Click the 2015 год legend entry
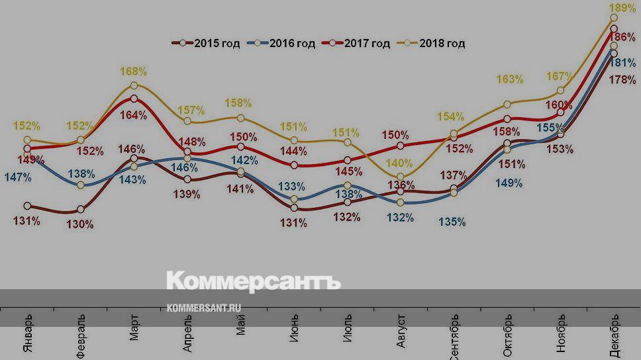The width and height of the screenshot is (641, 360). click(x=209, y=44)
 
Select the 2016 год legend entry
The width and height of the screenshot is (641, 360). click(x=284, y=44)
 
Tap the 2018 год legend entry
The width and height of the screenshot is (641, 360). click(x=434, y=44)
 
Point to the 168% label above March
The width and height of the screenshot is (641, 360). click(x=134, y=71)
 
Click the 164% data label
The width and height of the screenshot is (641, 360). click(x=134, y=114)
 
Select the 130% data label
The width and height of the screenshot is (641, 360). click(x=79, y=224)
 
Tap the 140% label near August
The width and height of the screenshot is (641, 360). click(x=400, y=163)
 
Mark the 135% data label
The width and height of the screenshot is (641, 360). click(x=452, y=222)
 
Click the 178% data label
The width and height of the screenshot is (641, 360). click(x=623, y=80)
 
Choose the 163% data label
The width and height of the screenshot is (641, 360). click(x=510, y=79)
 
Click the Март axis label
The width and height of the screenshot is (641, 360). click(x=134, y=328)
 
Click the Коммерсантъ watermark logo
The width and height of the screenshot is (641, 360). click(x=253, y=281)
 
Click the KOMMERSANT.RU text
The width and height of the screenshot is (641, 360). click(x=204, y=308)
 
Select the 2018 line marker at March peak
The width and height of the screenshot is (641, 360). click(x=134, y=85)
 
